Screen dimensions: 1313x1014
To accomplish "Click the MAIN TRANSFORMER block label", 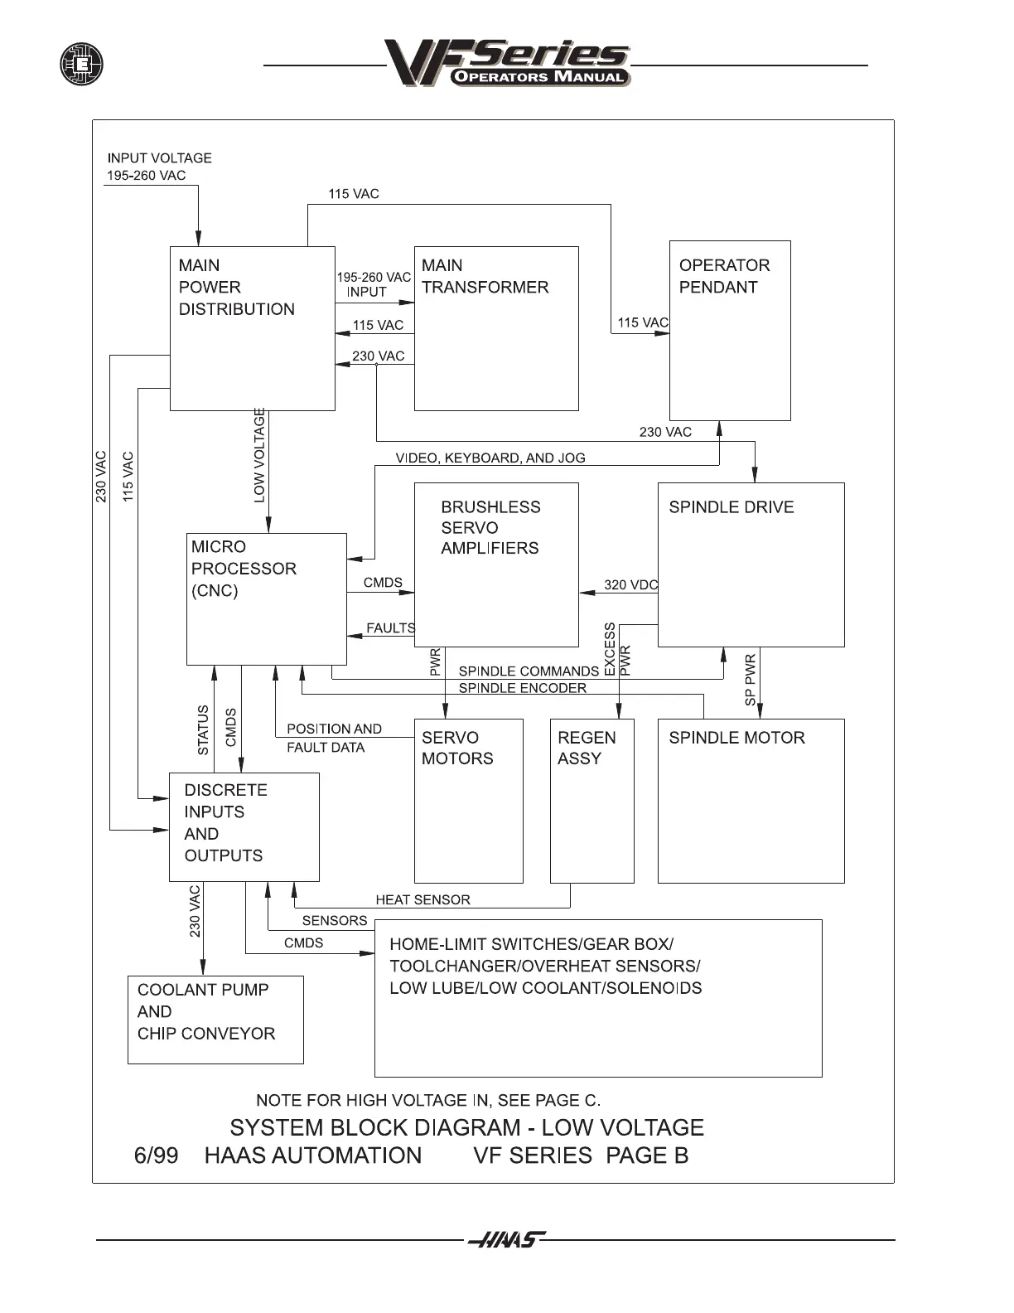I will click(x=485, y=277).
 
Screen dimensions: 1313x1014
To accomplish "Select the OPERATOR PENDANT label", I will click(x=724, y=277).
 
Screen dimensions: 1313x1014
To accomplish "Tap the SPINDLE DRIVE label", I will click(x=731, y=507).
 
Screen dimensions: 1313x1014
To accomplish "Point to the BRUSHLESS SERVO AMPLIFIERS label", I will click(x=490, y=528).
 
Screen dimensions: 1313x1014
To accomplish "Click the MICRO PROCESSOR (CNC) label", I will click(x=243, y=569).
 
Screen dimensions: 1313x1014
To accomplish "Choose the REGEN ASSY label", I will click(x=587, y=749).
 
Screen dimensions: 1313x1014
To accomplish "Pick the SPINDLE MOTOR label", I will click(x=736, y=738).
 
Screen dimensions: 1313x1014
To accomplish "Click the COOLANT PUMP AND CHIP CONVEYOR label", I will click(x=205, y=1011).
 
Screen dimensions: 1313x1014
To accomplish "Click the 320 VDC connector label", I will click(x=630, y=585).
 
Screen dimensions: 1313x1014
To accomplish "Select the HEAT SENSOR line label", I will click(x=422, y=900).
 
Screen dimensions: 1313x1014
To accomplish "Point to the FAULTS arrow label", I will click(x=390, y=628).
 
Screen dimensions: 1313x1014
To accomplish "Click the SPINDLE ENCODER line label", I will click(x=522, y=688).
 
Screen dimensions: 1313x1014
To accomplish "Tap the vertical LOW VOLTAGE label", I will click(x=260, y=455).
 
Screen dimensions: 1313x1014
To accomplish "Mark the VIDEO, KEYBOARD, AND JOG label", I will click(x=490, y=458).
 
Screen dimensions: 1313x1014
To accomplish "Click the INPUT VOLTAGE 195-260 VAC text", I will click(x=159, y=167).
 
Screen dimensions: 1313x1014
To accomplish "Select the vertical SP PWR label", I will click(x=751, y=681).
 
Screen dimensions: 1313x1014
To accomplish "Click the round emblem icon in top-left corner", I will click(x=81, y=64).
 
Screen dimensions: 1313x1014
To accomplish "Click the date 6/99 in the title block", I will click(x=156, y=1156).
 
